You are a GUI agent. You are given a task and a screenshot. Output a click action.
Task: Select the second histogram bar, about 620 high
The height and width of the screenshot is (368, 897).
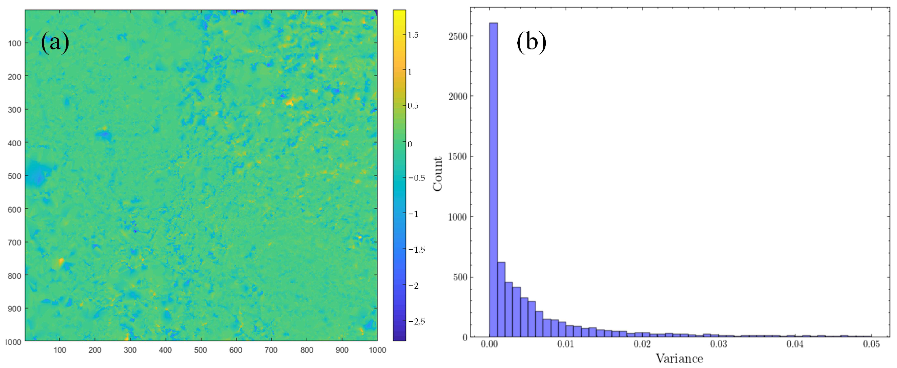tap(501, 300)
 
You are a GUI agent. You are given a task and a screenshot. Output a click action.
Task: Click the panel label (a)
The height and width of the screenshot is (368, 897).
tap(55, 43)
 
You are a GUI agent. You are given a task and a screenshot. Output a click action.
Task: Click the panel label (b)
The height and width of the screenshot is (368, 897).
tap(531, 43)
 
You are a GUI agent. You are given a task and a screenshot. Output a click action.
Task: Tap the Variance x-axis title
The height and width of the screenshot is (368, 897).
tap(679, 359)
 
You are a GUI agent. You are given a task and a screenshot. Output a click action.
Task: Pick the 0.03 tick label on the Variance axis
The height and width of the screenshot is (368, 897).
tap(718, 344)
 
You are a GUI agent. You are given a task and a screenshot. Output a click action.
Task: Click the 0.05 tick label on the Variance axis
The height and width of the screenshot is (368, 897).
tap(871, 344)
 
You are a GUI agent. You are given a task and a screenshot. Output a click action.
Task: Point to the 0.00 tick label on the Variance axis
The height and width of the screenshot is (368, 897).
tap(489, 344)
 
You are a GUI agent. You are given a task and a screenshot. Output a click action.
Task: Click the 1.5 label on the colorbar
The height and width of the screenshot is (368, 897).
tap(413, 35)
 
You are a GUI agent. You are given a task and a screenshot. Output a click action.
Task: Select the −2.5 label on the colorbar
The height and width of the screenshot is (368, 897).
tap(417, 321)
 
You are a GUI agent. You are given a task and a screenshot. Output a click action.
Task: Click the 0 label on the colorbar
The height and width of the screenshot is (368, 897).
tap(410, 144)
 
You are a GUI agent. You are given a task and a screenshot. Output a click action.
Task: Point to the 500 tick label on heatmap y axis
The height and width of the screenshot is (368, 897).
tap(14, 176)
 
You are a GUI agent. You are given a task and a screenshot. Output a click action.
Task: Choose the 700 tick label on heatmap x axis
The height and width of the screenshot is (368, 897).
tap(271, 350)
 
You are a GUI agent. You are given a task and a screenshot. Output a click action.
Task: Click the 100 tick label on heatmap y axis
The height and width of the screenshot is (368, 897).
tap(14, 43)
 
